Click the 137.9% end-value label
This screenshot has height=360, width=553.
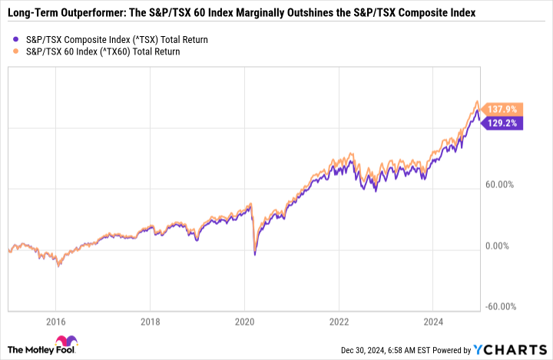(x=504, y=109)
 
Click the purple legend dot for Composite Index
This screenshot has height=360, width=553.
(x=16, y=39)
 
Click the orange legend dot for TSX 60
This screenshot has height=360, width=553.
(x=16, y=51)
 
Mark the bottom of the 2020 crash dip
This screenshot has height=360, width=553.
(x=255, y=254)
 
